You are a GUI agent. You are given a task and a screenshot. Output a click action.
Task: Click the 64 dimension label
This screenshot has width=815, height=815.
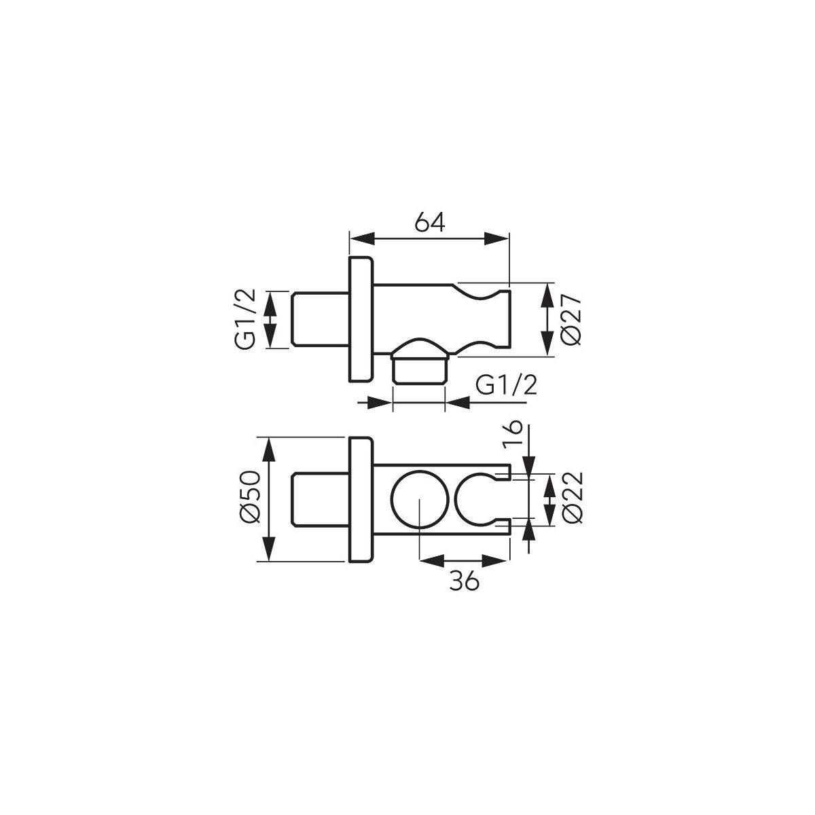coord(430,222)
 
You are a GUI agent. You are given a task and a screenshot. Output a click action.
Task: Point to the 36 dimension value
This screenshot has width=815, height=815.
coord(464,581)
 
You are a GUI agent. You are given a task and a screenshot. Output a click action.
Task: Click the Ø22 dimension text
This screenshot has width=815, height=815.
coord(573,499)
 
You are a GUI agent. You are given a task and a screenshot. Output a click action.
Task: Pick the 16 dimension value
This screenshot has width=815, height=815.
coord(513,435)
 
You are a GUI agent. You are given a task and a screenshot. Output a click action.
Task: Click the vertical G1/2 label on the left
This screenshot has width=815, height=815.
coord(245,319)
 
